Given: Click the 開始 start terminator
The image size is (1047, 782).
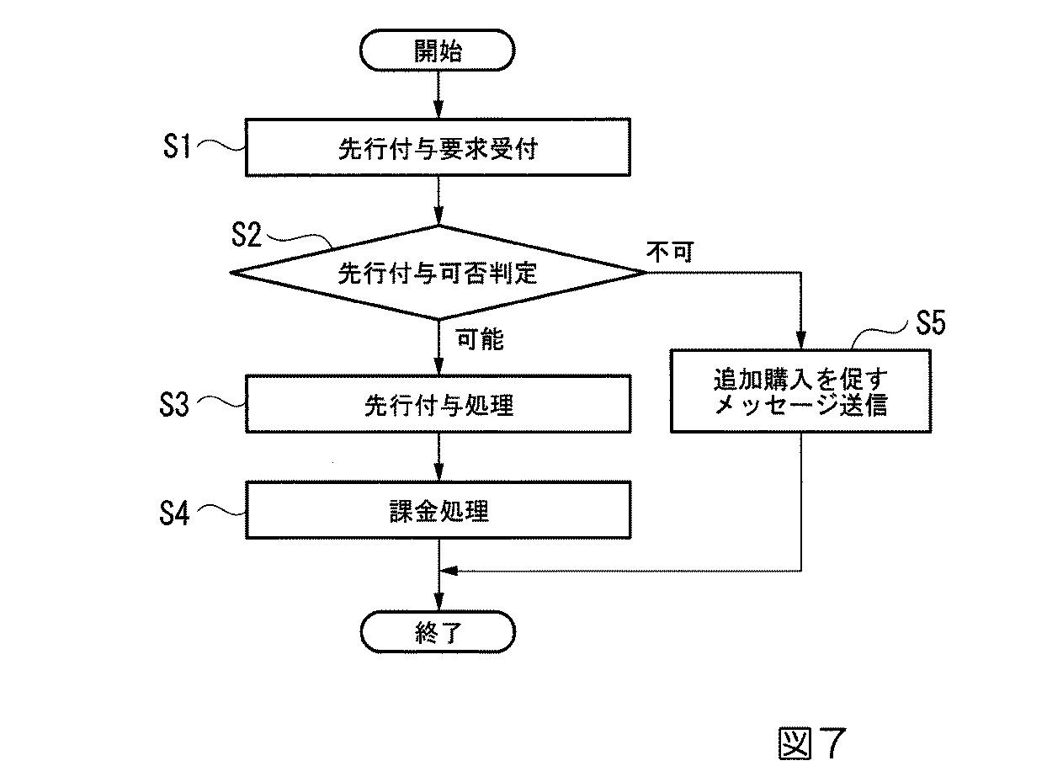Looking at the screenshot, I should tap(437, 51).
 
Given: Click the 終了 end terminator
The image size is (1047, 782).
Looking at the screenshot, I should tap(437, 632).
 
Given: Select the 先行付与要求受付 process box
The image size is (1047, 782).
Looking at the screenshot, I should tap(438, 149).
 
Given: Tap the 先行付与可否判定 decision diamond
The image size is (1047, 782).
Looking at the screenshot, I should tap(438, 272).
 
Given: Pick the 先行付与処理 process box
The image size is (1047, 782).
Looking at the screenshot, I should tap(438, 404).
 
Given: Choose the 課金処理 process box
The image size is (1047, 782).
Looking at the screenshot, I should tap(438, 510).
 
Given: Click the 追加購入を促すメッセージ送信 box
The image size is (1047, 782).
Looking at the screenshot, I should tap(800, 392).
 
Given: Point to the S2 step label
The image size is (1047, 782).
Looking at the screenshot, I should tap(247, 235).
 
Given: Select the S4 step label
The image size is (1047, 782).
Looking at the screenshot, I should tap(176, 512).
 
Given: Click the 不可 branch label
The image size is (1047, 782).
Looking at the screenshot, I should tap(670, 252).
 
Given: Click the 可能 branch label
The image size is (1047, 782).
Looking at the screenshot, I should tap(480, 339).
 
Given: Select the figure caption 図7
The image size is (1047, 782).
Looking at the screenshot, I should tap(809, 742).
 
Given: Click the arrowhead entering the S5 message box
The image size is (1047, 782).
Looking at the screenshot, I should tap(800, 341).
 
